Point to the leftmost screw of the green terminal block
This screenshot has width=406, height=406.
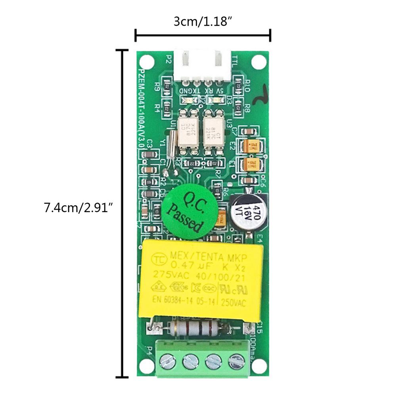coord(167,361)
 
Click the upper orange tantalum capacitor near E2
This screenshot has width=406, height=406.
coord(252,146)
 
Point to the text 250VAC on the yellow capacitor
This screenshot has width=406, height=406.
coord(234,303)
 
